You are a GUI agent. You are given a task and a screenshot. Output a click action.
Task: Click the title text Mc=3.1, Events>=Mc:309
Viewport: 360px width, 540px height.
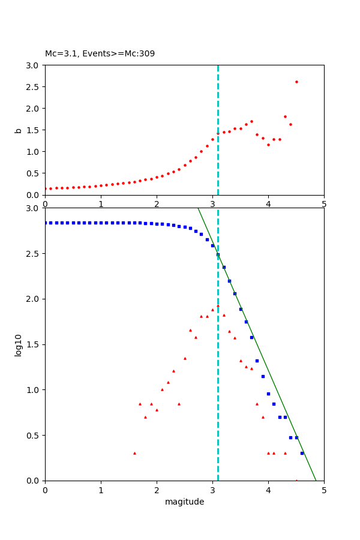click(100, 54)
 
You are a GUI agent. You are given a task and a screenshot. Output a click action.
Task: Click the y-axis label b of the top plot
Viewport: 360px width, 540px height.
click(19, 130)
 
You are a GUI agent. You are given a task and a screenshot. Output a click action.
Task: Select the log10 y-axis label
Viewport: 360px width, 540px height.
click(19, 344)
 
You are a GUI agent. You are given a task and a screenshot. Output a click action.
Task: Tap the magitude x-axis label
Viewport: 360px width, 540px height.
click(184, 502)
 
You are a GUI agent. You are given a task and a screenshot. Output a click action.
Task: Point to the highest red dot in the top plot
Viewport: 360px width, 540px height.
click(296, 82)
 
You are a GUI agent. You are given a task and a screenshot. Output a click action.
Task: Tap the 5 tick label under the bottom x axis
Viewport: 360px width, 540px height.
click(324, 490)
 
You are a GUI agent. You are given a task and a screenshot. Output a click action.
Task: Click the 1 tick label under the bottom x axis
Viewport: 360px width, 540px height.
click(101, 490)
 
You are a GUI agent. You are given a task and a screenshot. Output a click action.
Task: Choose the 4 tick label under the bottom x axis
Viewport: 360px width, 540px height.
click(268, 490)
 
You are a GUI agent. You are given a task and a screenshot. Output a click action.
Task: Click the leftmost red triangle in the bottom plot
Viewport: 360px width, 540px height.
click(134, 453)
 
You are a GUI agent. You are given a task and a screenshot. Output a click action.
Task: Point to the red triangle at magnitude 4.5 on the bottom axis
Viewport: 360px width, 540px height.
click(296, 480)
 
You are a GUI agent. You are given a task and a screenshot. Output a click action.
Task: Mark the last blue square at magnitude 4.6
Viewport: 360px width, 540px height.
click(302, 453)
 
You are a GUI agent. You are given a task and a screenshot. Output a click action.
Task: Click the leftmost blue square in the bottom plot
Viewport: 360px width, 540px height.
click(46, 223)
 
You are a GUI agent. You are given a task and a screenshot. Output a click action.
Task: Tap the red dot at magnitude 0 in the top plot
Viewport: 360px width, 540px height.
click(46, 188)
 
